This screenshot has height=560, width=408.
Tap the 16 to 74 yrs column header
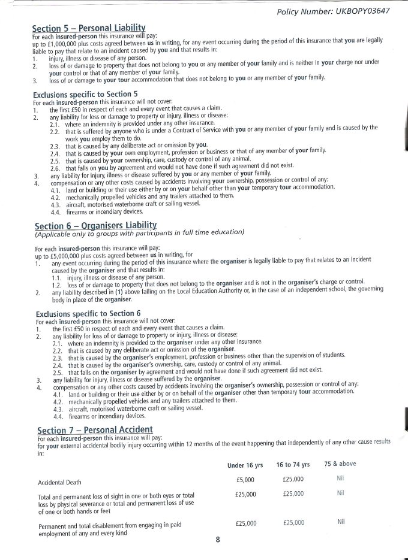[293, 464]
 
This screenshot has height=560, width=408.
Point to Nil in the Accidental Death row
[341, 479]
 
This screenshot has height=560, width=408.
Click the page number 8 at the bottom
[217, 540]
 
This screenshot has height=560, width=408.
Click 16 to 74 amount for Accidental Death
[293, 479]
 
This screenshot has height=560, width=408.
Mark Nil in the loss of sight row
[340, 493]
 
